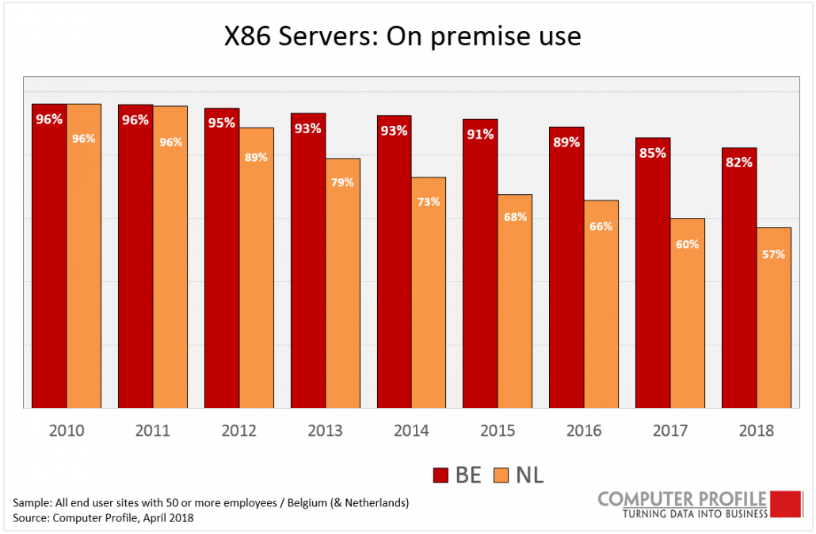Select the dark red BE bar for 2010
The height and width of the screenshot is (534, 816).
(49, 261)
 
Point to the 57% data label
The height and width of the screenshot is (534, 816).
(774, 254)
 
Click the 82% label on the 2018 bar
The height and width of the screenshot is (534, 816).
(738, 162)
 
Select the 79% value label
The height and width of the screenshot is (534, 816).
(342, 182)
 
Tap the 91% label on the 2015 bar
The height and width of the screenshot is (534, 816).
(480, 134)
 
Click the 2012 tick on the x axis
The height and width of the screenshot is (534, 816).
(239, 431)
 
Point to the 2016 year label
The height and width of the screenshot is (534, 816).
(584, 431)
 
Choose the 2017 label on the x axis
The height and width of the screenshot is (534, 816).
(670, 431)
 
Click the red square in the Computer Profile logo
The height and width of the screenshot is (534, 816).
(787, 504)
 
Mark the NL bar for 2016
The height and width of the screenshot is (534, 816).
(601, 309)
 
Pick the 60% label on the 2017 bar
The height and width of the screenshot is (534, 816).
(687, 245)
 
